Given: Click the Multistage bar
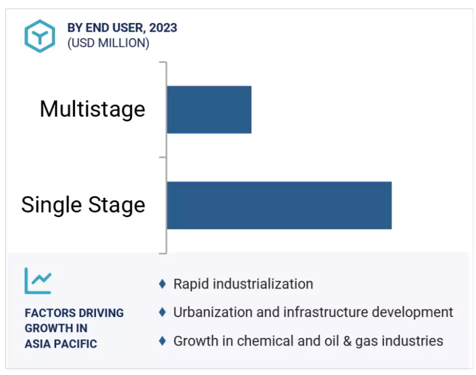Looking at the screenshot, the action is pos(209,110).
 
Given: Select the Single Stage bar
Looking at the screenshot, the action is pos(279,205).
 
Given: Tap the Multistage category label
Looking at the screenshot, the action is pos(93,110).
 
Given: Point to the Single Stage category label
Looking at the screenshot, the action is pos(83,205).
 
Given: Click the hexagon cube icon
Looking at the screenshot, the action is pos(40,36).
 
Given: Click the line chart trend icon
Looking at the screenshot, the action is pos(38,281).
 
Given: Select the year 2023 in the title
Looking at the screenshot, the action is pos(163,28).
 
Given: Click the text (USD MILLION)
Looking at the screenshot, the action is pos(109,43).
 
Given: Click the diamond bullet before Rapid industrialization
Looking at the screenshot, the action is pos(163,284).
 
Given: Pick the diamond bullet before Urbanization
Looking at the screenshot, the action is pos(163,312).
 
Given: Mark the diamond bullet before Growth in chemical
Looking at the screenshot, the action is pos(163,341).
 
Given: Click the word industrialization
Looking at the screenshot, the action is pos(263,284).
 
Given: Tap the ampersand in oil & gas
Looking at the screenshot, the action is pos(347,341).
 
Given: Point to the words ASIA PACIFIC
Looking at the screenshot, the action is pos(61,344).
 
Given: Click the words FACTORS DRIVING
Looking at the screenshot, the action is pos(74,313).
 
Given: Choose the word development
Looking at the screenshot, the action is pos(413,312).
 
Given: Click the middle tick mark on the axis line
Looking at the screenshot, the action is pos(163,157).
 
